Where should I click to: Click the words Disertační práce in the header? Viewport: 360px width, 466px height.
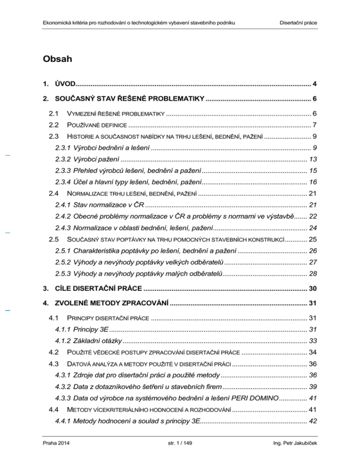coord(299,23)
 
